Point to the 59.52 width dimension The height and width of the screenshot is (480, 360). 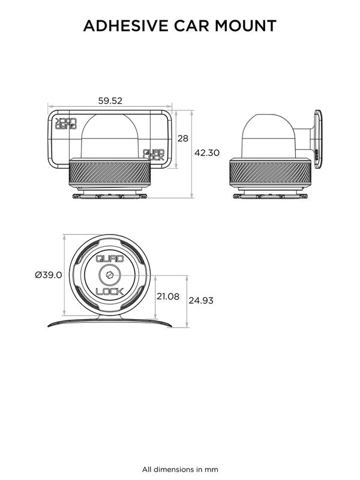(110, 101)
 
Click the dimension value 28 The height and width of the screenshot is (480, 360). (183, 138)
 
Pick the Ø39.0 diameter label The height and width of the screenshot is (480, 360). (49, 275)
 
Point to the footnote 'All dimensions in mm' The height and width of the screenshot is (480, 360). (180, 469)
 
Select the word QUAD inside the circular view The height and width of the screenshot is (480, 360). (110, 260)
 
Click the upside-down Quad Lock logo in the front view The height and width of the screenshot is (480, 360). (65, 123)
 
